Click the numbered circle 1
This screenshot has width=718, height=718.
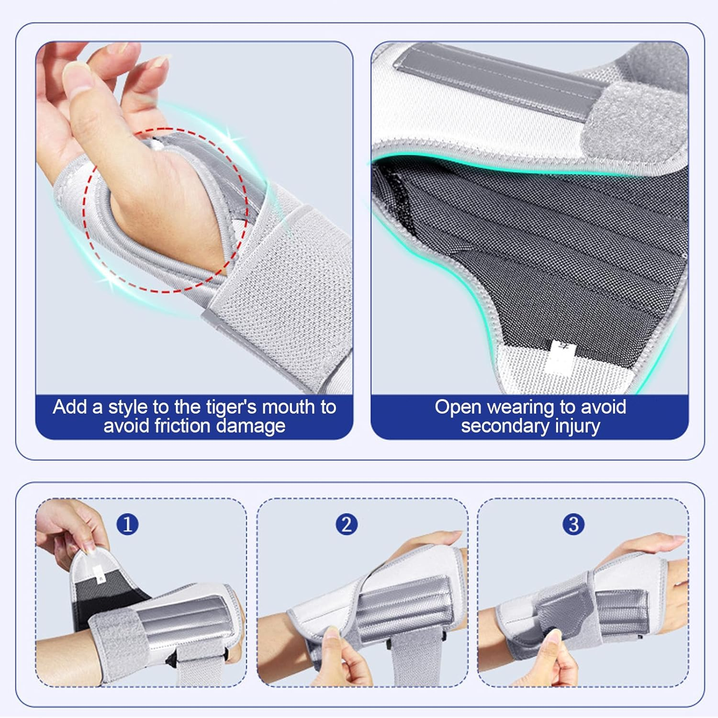[x=127, y=524]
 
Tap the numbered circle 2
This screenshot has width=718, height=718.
[x=347, y=524]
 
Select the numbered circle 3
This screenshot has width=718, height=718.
[x=573, y=524]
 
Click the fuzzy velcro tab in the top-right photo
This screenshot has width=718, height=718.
[x=637, y=120]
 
